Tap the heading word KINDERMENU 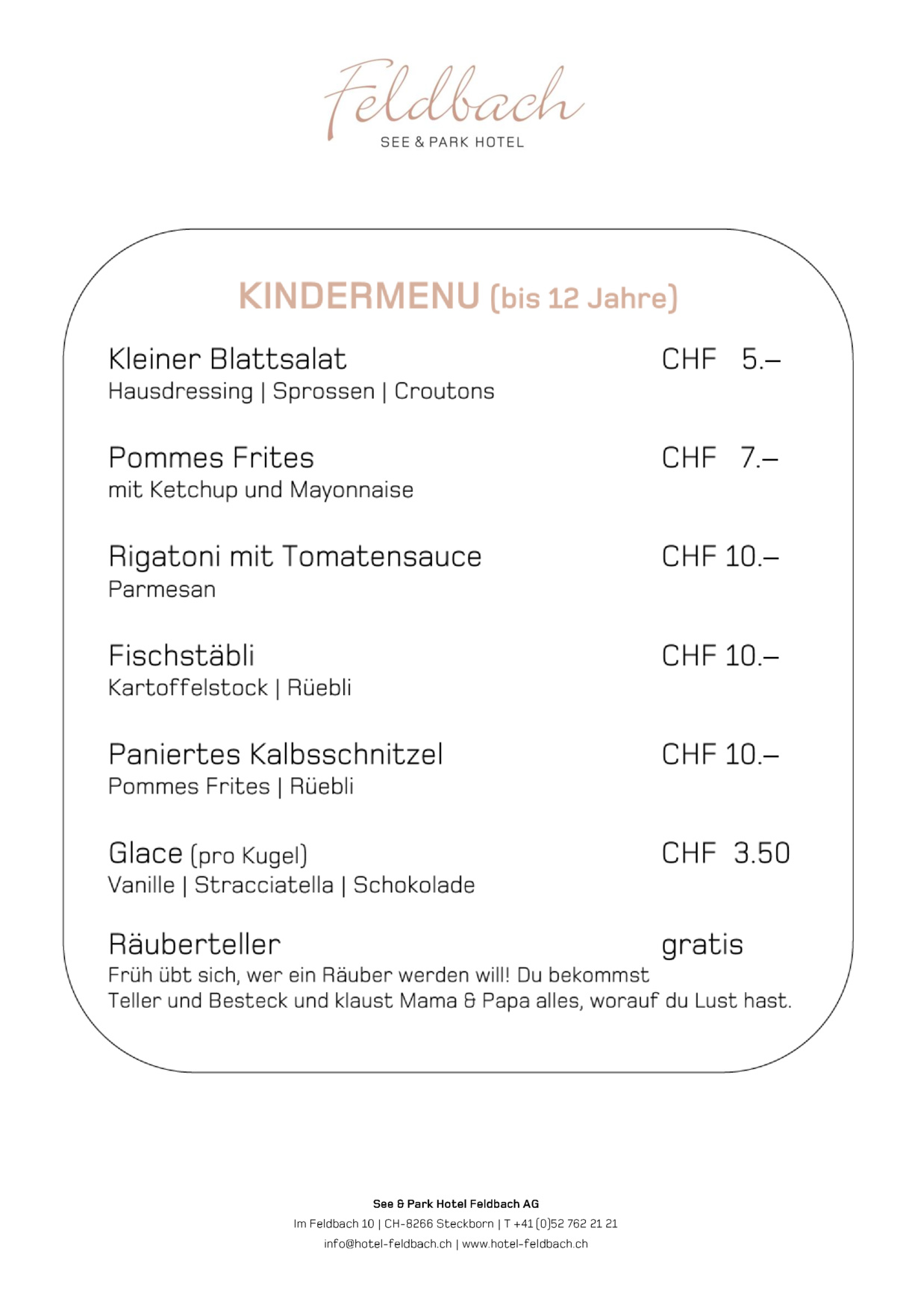pos(359,296)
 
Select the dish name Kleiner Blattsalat pos(228,359)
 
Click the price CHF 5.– pos(721,359)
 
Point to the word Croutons pos(444,391)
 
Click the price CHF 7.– pos(720,458)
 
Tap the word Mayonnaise pos(352,490)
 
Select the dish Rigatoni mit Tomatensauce pos(295,557)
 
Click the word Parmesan pos(162,589)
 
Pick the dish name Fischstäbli pos(181,655)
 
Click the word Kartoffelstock pos(188,688)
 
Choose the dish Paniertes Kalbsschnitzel pos(275,754)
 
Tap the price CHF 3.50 pos(725,853)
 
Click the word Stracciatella pos(263,885)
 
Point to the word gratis pos(702,945)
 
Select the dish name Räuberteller pos(195,944)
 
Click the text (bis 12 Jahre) pos(584,298)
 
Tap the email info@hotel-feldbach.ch pos(388,1244)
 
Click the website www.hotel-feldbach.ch pos(525,1244)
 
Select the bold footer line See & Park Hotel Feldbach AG pos(455,1203)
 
